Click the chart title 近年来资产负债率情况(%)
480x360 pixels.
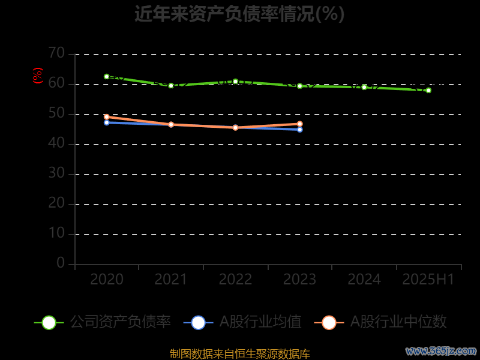tap(239, 13)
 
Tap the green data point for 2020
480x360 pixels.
tap(107, 77)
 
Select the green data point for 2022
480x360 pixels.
tap(235, 81)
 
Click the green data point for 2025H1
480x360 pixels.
tap(428, 90)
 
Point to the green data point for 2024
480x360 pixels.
tap(364, 87)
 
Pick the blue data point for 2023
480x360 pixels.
tap(300, 130)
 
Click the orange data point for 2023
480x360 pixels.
tap(300, 124)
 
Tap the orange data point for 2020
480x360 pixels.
tap(107, 117)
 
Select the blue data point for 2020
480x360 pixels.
tap(107, 122)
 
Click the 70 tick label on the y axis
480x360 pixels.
tap(56, 53)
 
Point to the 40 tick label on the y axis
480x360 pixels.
tap(56, 143)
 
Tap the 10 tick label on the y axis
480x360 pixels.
tap(56, 233)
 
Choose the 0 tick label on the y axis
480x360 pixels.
tap(61, 263)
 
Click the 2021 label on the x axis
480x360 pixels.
tap(171, 280)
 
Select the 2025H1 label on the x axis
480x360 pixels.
tap(428, 280)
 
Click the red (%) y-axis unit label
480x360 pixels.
tap(38, 76)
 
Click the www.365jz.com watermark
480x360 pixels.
tap(440, 350)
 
